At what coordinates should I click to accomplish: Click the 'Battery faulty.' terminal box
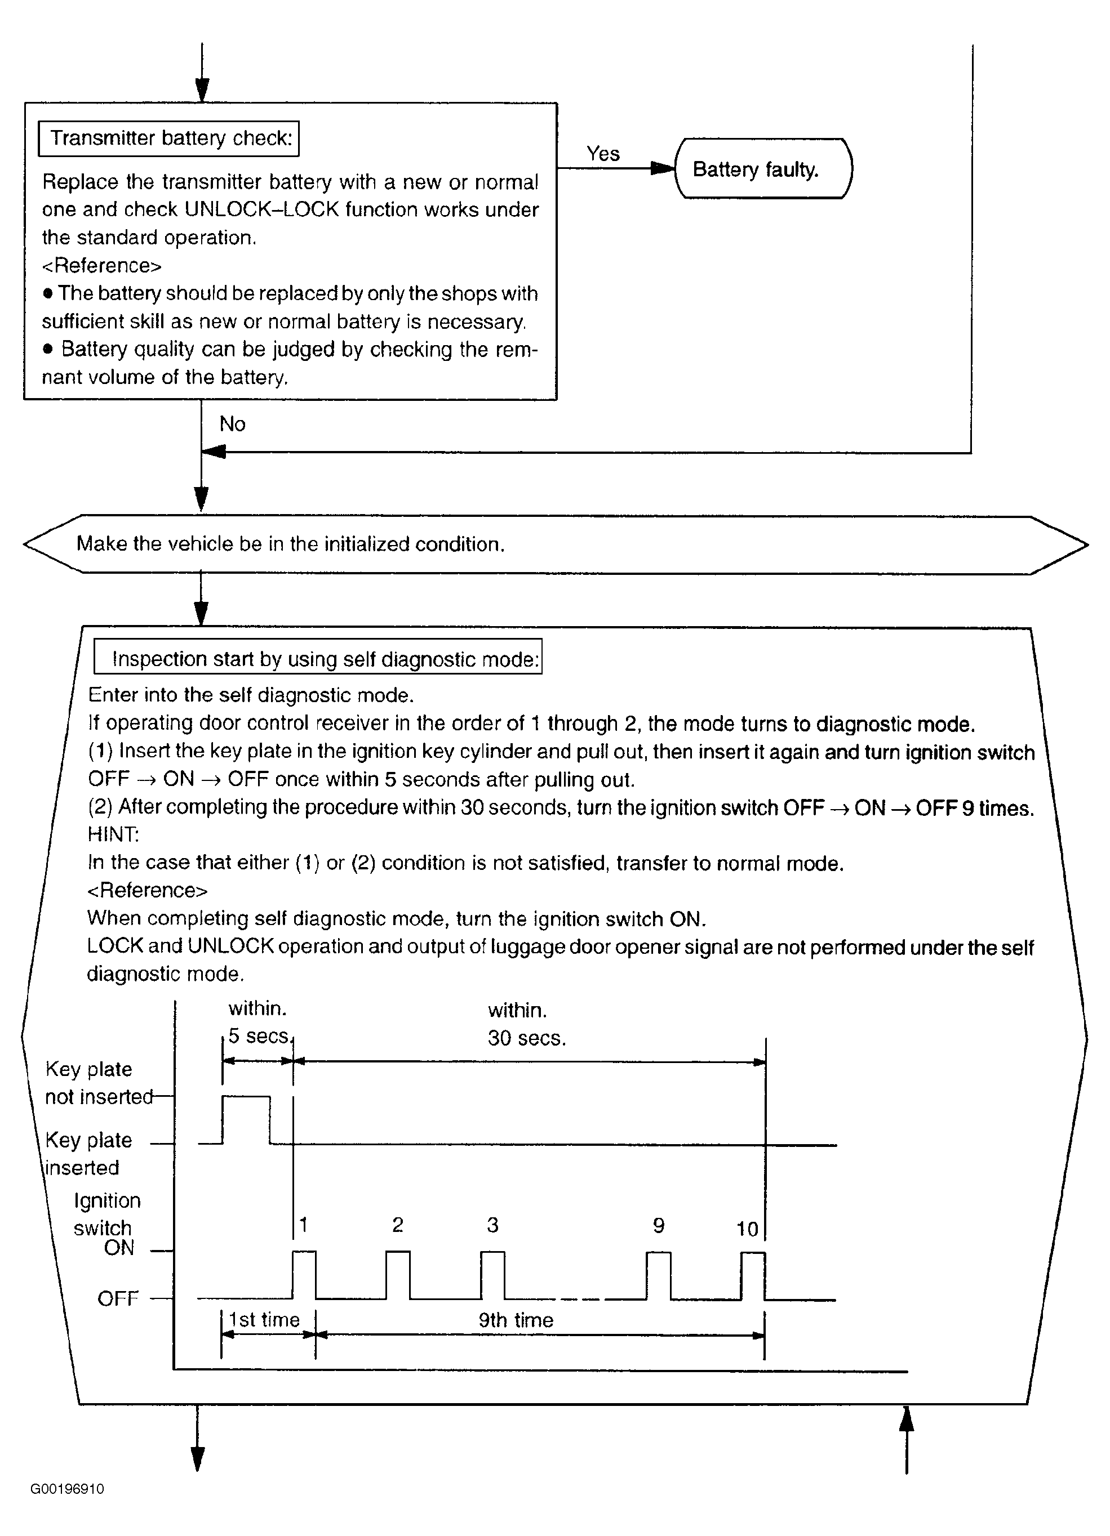pos(763,169)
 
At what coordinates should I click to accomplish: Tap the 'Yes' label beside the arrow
pos(602,154)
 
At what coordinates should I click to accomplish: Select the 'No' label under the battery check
pos(232,424)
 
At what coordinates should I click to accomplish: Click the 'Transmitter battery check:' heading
pos(170,138)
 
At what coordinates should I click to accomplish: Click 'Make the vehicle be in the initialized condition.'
pos(290,544)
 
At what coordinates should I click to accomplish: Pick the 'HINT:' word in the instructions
pos(113,834)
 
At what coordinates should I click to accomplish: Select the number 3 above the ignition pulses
pos(492,1225)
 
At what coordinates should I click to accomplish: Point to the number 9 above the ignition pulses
pos(658,1225)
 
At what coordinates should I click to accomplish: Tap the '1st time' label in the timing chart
pos(264,1319)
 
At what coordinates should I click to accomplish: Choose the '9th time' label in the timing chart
pos(516,1320)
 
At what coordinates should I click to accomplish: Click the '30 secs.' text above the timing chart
pos(526,1038)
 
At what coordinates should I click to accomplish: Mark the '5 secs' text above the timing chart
pos(258,1036)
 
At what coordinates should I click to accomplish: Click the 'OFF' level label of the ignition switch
pos(118,1298)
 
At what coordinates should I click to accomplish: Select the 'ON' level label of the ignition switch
pos(119,1248)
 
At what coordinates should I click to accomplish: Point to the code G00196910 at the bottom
pos(67,1489)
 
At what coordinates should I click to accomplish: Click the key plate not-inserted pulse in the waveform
pos(246,1118)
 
